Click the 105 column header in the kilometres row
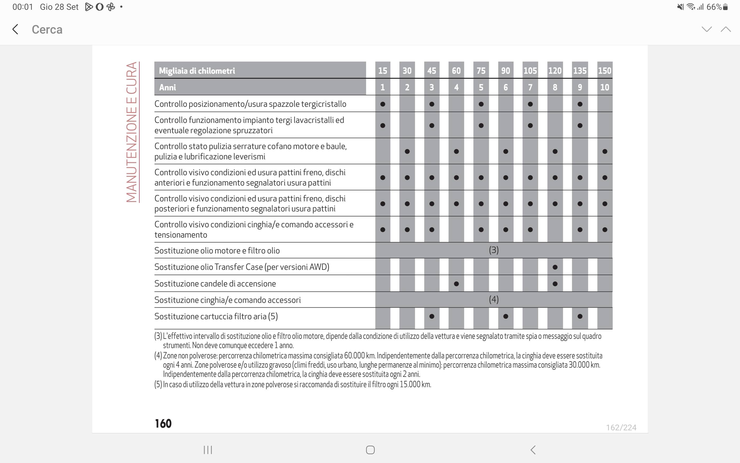530,71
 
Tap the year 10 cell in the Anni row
604,87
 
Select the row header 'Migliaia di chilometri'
197,71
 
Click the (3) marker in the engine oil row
493,250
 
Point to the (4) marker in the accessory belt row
493,299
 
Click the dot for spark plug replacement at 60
456,284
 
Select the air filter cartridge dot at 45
432,316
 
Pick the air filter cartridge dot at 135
580,316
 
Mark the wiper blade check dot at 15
382,104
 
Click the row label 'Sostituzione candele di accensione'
215,284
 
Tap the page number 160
163,424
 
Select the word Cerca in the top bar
47,30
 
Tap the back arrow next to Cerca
15,29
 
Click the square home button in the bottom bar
370,450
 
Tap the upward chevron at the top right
726,29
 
